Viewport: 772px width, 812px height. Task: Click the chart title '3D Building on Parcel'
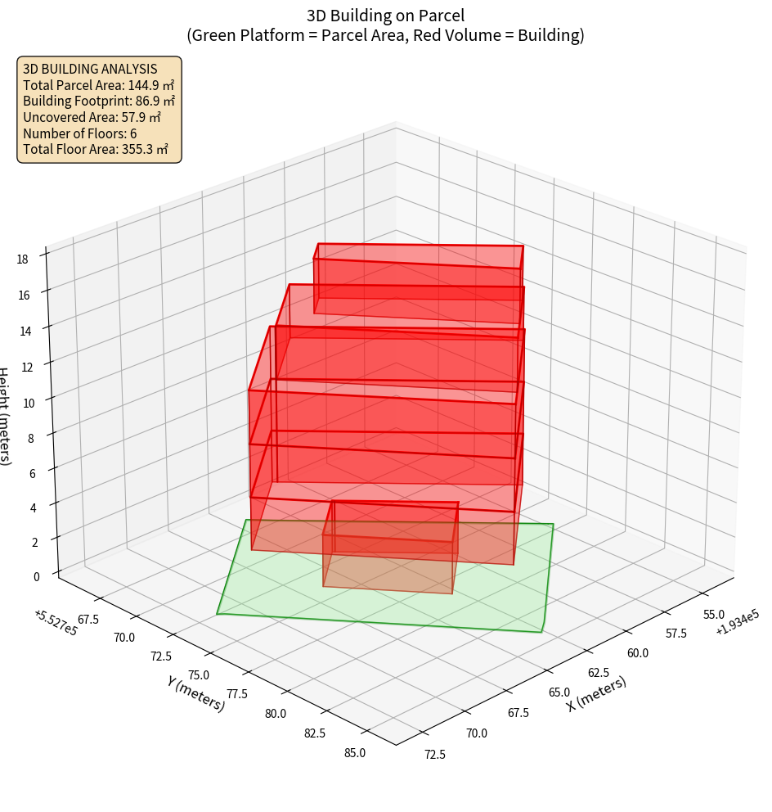[385, 15]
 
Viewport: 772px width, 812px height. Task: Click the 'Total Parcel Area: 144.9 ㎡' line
[98, 85]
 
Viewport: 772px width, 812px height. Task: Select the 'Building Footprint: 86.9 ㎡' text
[99, 101]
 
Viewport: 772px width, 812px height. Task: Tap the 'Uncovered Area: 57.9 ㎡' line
[91, 117]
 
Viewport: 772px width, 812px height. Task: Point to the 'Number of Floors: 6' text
[80, 133]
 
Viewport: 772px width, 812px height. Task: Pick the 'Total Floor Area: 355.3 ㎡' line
[96, 150]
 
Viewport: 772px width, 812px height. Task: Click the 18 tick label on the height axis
[22, 259]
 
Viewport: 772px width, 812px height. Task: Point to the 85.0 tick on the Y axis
[355, 753]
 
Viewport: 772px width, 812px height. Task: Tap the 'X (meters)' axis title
[596, 693]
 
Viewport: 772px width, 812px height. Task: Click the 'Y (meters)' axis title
[195, 692]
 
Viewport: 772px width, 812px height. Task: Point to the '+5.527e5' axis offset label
[56, 623]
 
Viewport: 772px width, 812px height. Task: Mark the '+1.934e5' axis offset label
[737, 623]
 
